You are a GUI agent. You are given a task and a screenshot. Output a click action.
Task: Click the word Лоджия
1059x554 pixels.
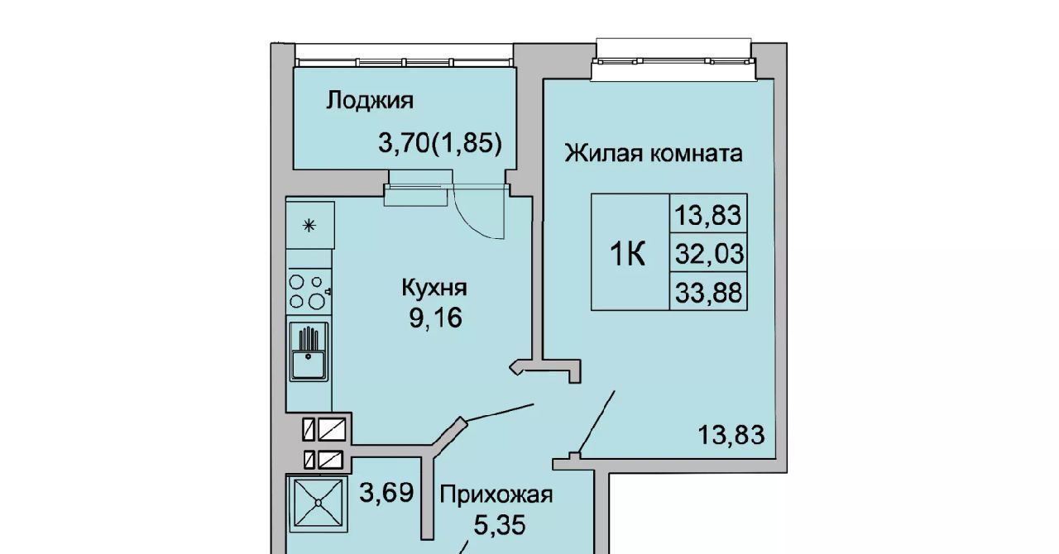[x=370, y=101]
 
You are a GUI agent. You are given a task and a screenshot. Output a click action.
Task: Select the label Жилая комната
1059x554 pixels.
[x=654, y=154]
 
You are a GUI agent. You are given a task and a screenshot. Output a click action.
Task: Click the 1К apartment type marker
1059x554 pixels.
[x=627, y=253]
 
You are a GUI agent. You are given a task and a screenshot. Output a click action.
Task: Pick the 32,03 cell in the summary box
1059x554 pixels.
[x=709, y=253]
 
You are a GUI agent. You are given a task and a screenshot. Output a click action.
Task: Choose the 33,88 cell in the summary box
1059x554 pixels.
[x=708, y=292]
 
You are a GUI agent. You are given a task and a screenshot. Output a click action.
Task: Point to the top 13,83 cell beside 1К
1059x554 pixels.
[x=707, y=215]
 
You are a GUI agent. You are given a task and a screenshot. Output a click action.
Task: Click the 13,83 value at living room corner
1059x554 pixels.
[x=731, y=434]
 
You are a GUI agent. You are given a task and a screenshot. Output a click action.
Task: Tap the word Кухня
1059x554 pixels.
[x=434, y=288]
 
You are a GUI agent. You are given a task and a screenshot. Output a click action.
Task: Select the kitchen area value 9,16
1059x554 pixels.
[x=435, y=318]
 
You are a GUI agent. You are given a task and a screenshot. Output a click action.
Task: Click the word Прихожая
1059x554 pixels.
[x=496, y=495]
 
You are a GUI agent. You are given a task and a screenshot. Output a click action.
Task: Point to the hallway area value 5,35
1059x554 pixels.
[x=499, y=525]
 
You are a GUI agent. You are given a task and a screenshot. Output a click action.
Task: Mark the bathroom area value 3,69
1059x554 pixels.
[x=386, y=493]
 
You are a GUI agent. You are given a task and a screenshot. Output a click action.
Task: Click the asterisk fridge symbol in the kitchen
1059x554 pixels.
[x=309, y=226]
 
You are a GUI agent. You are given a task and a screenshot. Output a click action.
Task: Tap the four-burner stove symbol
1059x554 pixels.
[x=309, y=292]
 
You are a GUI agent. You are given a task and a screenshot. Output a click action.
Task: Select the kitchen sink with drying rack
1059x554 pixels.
[x=309, y=351]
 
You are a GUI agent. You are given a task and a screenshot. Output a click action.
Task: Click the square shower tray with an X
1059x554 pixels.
[x=318, y=502]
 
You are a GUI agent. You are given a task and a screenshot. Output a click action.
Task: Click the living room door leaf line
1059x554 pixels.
[x=597, y=422]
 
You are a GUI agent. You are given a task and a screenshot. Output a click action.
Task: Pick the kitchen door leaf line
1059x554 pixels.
[x=500, y=412]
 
